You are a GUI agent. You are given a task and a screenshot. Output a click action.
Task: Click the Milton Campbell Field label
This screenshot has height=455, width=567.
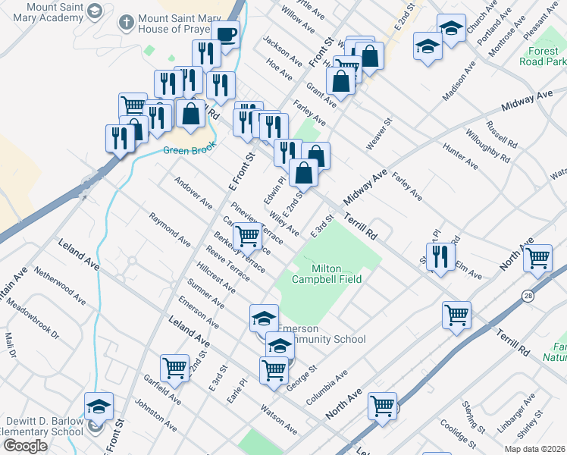(x=337, y=274)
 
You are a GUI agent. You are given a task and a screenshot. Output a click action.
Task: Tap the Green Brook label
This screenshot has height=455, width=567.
(x=184, y=150)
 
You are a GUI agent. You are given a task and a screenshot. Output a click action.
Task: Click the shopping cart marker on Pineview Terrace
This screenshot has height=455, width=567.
(x=248, y=236)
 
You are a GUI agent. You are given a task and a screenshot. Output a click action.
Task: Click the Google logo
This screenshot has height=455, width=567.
(x=25, y=446)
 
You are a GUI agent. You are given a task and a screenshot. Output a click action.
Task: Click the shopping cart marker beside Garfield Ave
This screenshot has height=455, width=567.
(x=174, y=368)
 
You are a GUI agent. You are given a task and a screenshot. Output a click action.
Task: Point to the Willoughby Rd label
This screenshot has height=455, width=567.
(x=489, y=149)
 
